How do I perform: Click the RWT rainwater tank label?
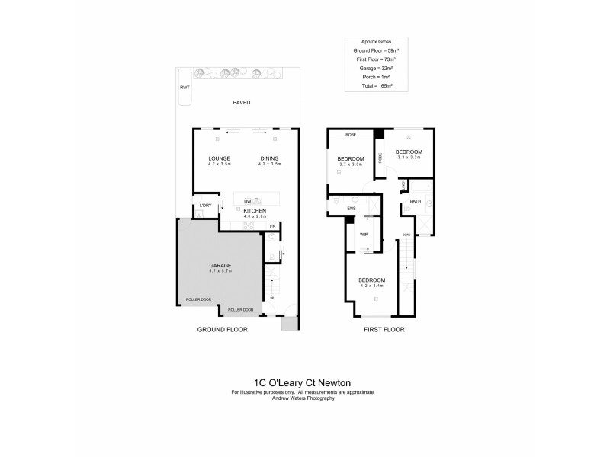click(184, 88)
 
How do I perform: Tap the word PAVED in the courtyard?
click(242, 102)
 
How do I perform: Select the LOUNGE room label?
click(220, 158)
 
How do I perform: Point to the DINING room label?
click(270, 158)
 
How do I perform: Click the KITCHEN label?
click(254, 210)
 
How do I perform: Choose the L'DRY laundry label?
click(204, 206)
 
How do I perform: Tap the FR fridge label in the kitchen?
click(271, 225)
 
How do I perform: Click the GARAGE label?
click(220, 265)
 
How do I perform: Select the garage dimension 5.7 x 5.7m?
click(220, 271)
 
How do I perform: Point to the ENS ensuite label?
click(352, 208)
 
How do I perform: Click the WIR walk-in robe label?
click(364, 235)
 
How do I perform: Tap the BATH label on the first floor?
click(415, 202)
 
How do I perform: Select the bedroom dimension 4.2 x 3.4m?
click(372, 286)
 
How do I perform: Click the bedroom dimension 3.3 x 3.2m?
click(409, 158)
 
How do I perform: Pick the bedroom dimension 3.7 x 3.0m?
click(351, 165)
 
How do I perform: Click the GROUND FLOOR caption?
click(223, 330)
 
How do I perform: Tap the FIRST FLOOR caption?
click(383, 330)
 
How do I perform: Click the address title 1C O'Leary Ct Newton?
click(304, 382)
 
